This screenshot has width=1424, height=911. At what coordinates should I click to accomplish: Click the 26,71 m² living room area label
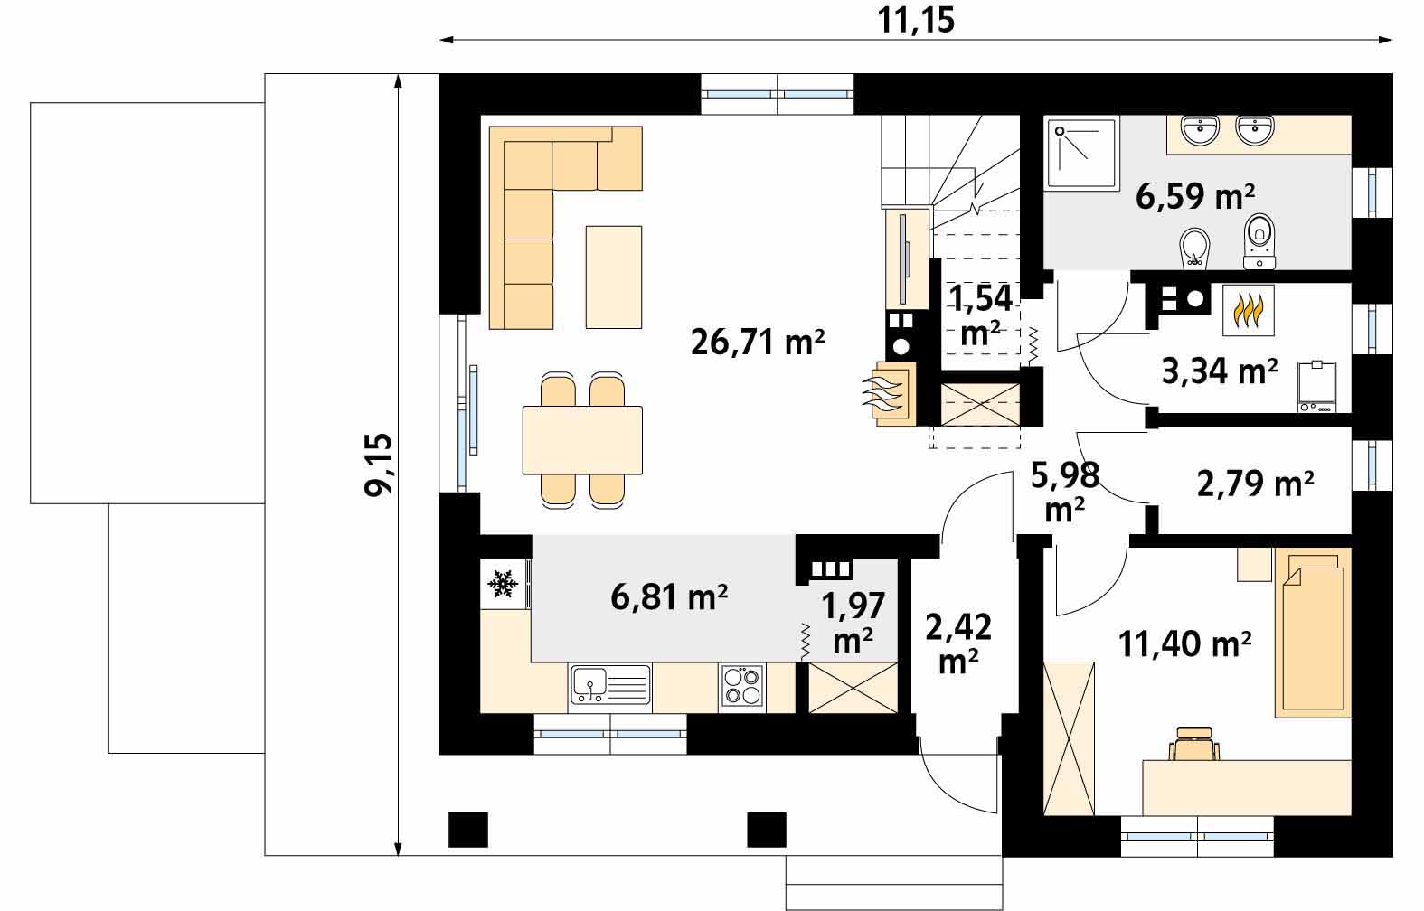click(757, 343)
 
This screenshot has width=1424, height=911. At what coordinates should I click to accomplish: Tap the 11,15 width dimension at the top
click(915, 20)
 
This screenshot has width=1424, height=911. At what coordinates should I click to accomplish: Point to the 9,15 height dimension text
click(379, 465)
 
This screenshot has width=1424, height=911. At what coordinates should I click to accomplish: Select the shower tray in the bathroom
click(1080, 154)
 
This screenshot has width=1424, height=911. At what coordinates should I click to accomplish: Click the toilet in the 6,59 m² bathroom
click(1259, 241)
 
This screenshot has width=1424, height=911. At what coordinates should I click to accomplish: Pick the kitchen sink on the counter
click(610, 685)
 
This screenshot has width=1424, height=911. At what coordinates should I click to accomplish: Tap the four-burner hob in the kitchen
click(742, 686)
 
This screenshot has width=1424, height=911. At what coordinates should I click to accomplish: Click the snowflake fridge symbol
click(502, 584)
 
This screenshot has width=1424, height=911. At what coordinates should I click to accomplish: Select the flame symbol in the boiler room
click(1249, 310)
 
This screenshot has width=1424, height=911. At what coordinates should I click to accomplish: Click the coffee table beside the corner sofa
click(614, 277)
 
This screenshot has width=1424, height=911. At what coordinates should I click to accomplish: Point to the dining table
click(582, 440)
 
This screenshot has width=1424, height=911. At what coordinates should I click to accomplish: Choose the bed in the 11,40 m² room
click(1313, 633)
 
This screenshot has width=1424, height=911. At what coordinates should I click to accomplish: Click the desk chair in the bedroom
click(1194, 744)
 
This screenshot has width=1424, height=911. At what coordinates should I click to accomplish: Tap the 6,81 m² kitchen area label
click(669, 597)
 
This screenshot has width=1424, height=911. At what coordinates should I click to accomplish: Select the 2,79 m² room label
click(1256, 484)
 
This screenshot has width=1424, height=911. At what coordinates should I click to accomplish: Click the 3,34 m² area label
click(1220, 371)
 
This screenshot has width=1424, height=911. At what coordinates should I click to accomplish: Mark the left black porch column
click(468, 830)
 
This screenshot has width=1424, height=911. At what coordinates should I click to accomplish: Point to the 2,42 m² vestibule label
click(958, 644)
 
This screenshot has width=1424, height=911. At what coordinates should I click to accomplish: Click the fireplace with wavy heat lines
click(890, 394)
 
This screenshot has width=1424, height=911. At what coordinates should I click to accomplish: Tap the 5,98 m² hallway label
click(1065, 492)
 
